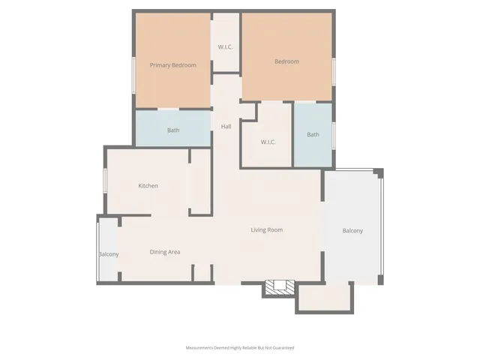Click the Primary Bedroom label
[x=172, y=65]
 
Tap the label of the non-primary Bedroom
[x=286, y=61]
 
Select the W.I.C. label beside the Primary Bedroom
[x=226, y=47]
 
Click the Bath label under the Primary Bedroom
[x=173, y=130]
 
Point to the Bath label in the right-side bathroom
[x=313, y=135]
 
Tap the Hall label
[x=226, y=126]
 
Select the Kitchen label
[x=148, y=185]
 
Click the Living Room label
[x=266, y=229]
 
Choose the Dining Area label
[x=164, y=252]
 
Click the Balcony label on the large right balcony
[x=352, y=230]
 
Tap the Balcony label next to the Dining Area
[x=109, y=254]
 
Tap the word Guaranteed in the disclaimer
[x=281, y=348]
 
